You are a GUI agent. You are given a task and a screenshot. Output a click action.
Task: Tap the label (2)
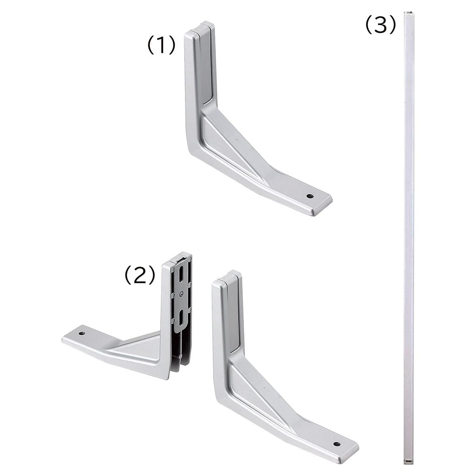pos(140,275)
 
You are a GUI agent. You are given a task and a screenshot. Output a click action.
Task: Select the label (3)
pos(380,25)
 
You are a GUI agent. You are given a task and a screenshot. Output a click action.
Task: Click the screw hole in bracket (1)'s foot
pos(309,196)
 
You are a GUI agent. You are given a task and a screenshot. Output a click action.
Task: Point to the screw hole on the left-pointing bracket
pos(82,334)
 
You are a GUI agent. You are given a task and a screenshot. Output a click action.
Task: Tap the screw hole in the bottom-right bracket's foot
pos(336,423)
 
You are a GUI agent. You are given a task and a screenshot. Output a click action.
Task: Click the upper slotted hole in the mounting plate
pos(182,273)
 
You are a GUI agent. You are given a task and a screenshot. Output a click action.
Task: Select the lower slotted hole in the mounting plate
pos(181,319)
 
